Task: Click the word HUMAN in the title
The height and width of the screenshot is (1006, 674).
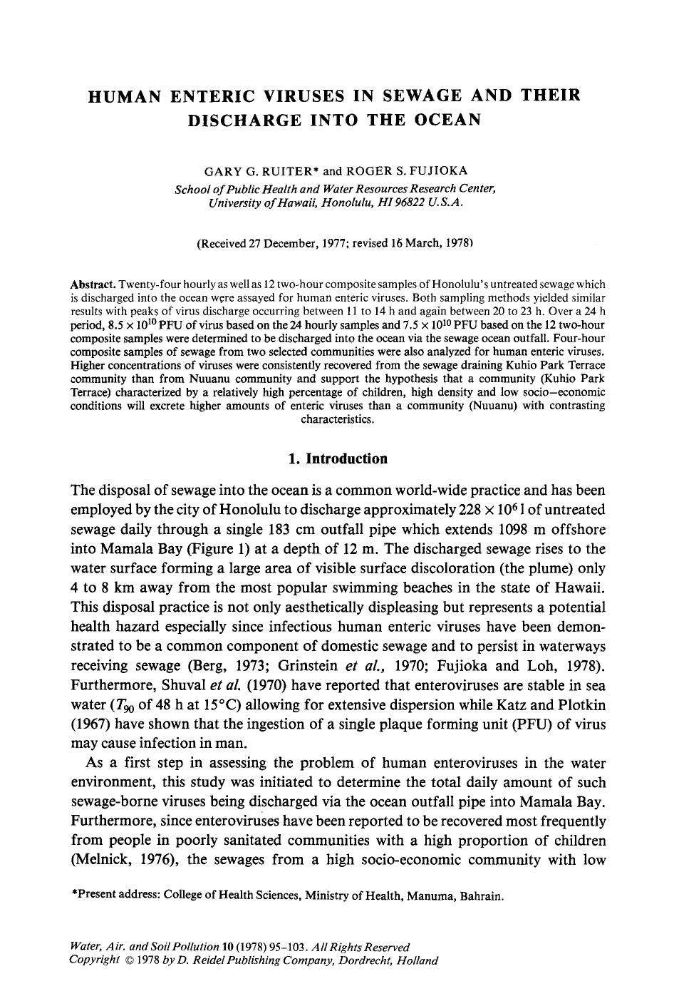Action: click(124, 95)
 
